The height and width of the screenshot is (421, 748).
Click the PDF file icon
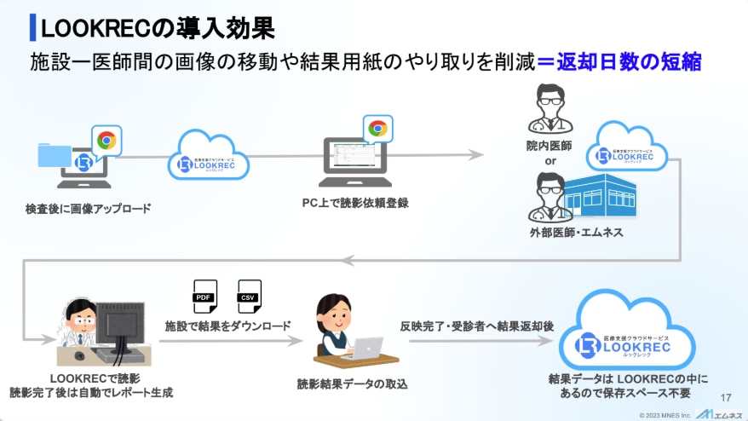[x=204, y=296]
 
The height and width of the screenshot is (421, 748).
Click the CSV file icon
[x=250, y=296]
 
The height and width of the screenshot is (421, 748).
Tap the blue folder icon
[x=55, y=156]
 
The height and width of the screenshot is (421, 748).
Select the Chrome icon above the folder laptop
[x=106, y=141]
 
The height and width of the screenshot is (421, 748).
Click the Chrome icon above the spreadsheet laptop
[x=377, y=129]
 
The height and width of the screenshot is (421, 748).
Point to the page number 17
[x=726, y=397]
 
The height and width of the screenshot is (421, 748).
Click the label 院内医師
[x=550, y=146]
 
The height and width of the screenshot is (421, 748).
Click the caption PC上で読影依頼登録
[x=355, y=202]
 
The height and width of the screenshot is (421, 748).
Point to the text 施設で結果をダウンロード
[x=228, y=326]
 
